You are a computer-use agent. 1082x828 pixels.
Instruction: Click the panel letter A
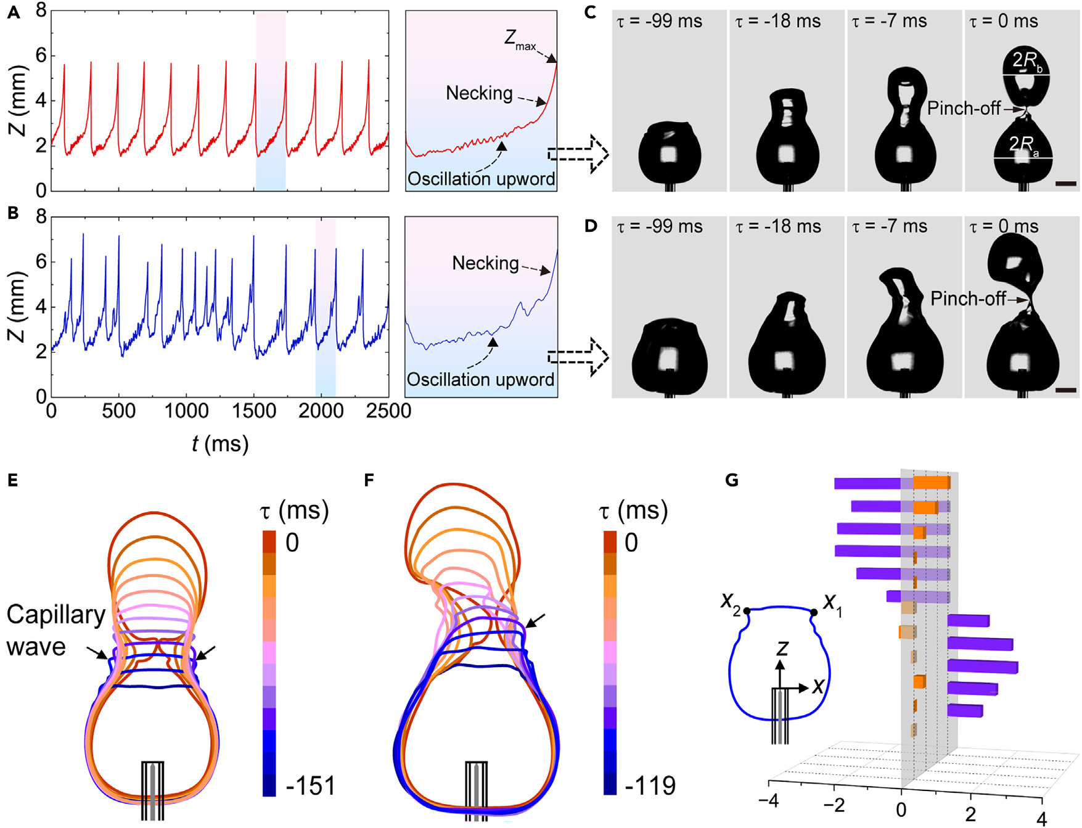pyautogui.click(x=13, y=12)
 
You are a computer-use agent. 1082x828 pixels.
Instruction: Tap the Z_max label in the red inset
pyautogui.click(x=520, y=40)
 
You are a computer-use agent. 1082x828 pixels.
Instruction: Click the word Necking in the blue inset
pyautogui.click(x=485, y=263)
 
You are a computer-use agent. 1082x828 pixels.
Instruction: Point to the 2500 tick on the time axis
pyautogui.click(x=388, y=411)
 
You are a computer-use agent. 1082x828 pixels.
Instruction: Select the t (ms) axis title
pyautogui.click(x=219, y=444)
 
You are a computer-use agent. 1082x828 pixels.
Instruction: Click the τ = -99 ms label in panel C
pyautogui.click(x=659, y=22)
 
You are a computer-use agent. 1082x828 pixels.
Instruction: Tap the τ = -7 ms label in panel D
pyautogui.click(x=889, y=227)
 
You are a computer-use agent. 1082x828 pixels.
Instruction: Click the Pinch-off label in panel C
pyautogui.click(x=963, y=109)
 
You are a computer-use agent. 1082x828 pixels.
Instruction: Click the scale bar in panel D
pyautogui.click(x=1066, y=390)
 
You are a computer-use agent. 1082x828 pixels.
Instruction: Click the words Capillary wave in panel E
pyautogui.click(x=55, y=630)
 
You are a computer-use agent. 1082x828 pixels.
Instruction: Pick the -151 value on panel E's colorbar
pyautogui.click(x=310, y=786)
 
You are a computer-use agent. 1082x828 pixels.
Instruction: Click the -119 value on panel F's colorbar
pyautogui.click(x=650, y=786)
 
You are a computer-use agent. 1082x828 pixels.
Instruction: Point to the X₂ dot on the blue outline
pyautogui.click(x=747, y=611)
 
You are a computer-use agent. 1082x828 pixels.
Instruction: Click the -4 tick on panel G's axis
pyautogui.click(x=768, y=801)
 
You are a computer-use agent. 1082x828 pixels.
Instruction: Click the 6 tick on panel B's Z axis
pyautogui.click(x=41, y=261)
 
